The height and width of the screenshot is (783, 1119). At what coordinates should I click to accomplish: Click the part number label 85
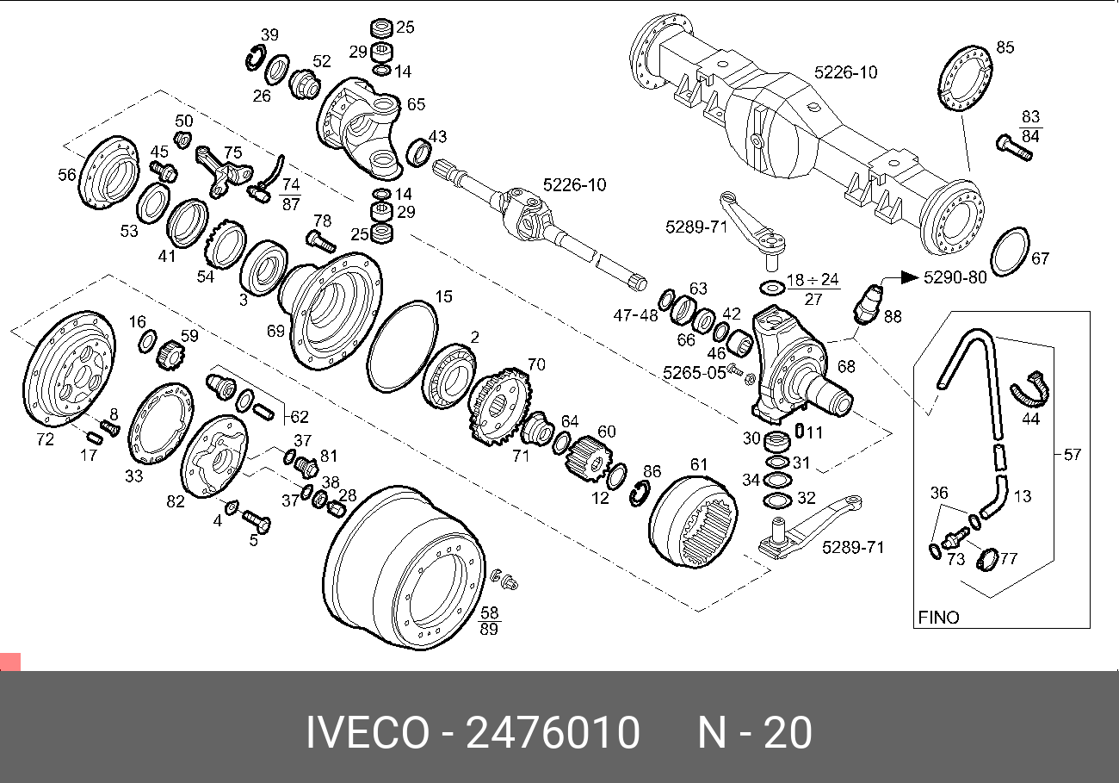pos(1005,47)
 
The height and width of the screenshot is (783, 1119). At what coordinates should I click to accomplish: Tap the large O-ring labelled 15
pos(402,345)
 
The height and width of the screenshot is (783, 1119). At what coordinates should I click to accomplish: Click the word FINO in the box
pos(938,617)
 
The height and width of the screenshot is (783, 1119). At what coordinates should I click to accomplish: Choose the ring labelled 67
pos(1009,252)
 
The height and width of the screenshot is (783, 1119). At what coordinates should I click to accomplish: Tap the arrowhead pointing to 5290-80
pos(911,277)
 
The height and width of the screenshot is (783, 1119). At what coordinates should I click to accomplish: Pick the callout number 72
pos(45,439)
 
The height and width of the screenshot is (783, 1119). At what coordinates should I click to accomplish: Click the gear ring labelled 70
pos(499,407)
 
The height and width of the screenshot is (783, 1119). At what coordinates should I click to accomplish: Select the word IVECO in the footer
pos(367,733)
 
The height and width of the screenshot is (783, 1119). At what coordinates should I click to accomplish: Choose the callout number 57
pos(1072,454)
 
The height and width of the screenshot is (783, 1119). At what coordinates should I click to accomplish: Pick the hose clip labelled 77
pos(987,561)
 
